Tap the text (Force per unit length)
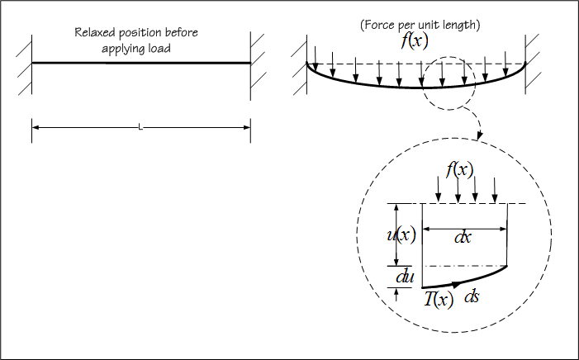pyautogui.click(x=420, y=25)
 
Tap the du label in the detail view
pyautogui.click(x=405, y=277)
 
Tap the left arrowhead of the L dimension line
pyautogui.click(x=36, y=127)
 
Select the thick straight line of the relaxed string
pyautogui.click(x=140, y=63)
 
